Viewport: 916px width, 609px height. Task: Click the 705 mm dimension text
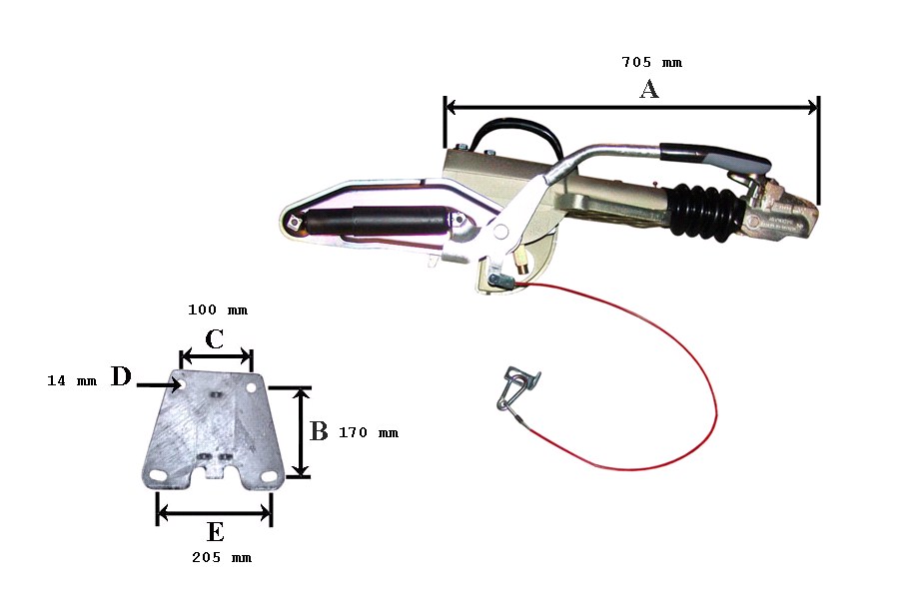coord(651,62)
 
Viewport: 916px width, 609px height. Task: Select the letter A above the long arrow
coord(649,89)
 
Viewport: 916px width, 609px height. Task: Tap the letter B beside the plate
coord(319,431)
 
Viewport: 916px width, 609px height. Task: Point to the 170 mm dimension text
coord(368,432)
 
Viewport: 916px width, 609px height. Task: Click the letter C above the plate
coord(215,338)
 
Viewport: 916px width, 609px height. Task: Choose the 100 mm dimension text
coord(218,309)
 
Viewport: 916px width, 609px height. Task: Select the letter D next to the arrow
coord(121,376)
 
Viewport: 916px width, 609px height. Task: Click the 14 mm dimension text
coord(72,380)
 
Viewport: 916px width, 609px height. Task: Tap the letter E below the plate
coord(215,532)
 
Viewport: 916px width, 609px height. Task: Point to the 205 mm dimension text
coord(222,558)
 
